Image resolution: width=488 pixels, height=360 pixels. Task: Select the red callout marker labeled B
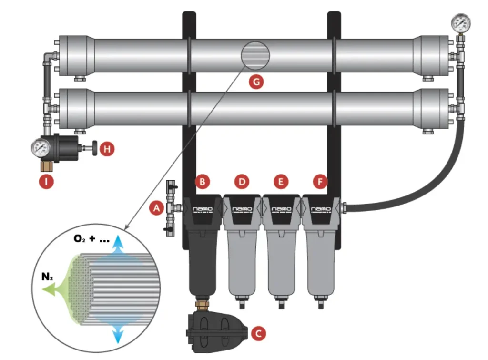pyautogui.click(x=203, y=182)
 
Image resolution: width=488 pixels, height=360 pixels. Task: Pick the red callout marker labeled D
pyautogui.click(x=242, y=182)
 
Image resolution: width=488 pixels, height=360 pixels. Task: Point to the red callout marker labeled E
pyautogui.click(x=281, y=182)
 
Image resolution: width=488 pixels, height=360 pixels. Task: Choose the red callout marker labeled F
pyautogui.click(x=320, y=182)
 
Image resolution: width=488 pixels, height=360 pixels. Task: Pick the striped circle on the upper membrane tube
pyautogui.click(x=256, y=55)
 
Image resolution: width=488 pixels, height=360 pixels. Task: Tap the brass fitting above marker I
pyautogui.click(x=47, y=166)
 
